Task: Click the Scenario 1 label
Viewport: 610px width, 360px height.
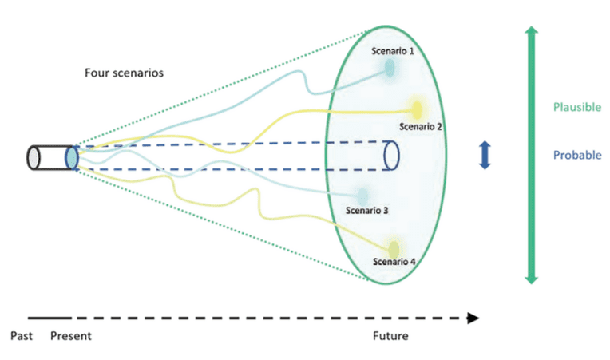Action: tap(394, 50)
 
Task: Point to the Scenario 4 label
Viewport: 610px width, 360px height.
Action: tap(394, 261)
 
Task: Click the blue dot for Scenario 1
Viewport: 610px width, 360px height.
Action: tap(390, 69)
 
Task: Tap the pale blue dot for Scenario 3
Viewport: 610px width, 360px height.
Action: tap(363, 194)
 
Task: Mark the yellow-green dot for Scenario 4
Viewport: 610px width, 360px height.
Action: tap(393, 247)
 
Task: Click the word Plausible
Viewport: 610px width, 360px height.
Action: tap(576, 107)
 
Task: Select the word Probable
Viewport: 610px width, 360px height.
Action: tap(576, 156)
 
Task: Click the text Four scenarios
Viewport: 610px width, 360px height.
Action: tap(125, 72)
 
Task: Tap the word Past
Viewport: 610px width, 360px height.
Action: tap(22, 336)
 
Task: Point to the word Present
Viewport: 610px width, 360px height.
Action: tap(71, 336)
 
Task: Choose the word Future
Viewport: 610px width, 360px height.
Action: tap(390, 336)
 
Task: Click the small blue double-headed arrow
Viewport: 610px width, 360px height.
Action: tap(484, 155)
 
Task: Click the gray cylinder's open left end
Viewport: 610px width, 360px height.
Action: tap(34, 157)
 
